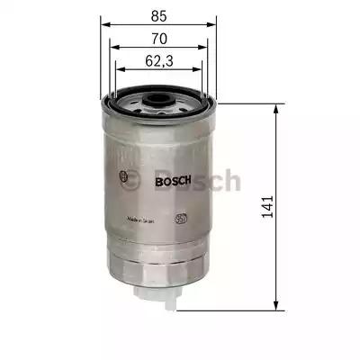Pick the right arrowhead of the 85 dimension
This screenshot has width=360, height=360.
tap(217, 25)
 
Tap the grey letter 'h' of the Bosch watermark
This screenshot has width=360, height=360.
tap(232, 181)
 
